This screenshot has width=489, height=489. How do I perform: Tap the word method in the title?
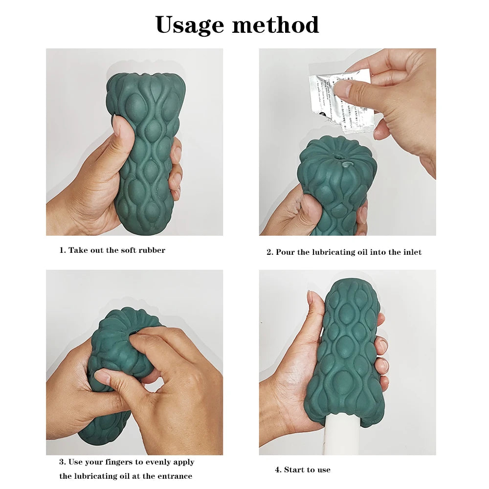click(276, 24)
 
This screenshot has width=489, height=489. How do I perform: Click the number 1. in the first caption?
click(63, 250)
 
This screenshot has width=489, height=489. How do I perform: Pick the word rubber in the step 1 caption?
click(153, 250)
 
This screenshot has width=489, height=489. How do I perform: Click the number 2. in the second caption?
click(269, 252)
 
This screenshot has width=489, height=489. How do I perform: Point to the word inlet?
click(411, 252)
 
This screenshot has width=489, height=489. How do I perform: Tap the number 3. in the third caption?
click(63, 462)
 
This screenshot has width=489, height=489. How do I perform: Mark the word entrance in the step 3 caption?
click(176, 476)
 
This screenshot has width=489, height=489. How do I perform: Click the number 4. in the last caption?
click(278, 470)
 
